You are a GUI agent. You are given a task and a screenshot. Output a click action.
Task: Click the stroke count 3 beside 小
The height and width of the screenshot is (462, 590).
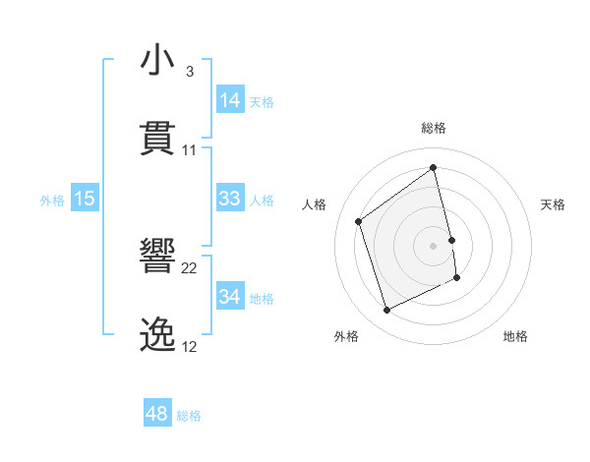[x=189, y=72]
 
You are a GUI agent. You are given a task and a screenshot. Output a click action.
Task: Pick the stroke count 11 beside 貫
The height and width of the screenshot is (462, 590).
[x=190, y=150]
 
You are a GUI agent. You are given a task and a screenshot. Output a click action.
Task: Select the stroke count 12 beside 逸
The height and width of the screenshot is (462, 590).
[x=190, y=347]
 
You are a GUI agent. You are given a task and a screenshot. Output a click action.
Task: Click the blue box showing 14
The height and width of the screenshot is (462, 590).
[x=230, y=100]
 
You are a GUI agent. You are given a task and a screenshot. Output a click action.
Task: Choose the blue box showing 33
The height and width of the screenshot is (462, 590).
[x=230, y=199]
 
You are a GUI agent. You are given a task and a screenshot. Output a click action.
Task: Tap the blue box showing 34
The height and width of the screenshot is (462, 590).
[x=230, y=297]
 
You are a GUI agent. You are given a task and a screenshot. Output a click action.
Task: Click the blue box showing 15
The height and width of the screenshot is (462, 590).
[x=85, y=199]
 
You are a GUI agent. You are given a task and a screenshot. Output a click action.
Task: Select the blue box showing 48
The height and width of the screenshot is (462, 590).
[x=157, y=415]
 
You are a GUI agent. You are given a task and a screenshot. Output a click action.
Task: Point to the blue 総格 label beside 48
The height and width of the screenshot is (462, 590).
[x=189, y=416]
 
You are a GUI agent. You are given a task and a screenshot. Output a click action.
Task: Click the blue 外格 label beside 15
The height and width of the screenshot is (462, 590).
[x=52, y=200]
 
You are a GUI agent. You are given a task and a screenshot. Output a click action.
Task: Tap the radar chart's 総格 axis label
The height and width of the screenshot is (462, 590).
[x=434, y=129]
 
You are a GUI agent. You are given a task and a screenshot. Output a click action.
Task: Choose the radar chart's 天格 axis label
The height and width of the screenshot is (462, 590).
[x=554, y=204]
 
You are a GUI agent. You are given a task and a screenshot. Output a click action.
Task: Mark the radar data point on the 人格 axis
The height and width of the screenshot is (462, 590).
[x=359, y=221]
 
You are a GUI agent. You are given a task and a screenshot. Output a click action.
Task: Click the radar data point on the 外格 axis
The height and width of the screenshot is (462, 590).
[x=386, y=311]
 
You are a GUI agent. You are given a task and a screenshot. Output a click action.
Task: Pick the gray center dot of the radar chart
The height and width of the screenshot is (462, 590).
[x=434, y=245]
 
